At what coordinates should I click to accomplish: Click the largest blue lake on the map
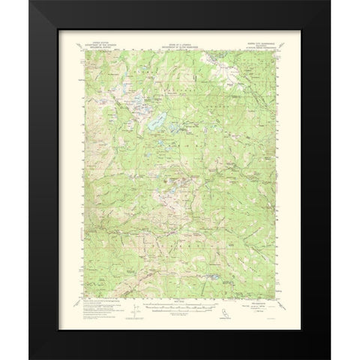pyautogui.click(x=157, y=120)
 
